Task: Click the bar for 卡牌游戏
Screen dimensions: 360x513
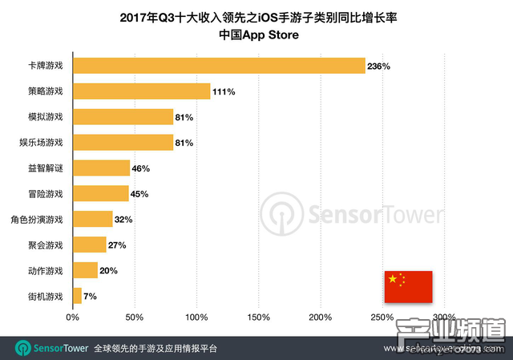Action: pyautogui.click(x=219, y=66)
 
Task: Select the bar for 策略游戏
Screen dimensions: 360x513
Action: pyautogui.click(x=142, y=91)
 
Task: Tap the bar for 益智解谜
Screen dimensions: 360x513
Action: pyautogui.click(x=101, y=168)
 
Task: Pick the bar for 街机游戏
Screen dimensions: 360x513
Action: pyautogui.click(x=77, y=296)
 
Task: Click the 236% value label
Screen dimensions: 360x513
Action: pyautogui.click(x=378, y=67)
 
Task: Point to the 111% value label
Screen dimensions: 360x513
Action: pyautogui.click(x=224, y=92)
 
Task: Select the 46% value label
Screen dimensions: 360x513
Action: pyautogui.click(x=141, y=168)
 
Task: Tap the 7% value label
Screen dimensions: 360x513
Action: pyautogui.click(x=90, y=297)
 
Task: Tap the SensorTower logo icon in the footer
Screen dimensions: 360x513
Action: pyautogui.click(x=22, y=349)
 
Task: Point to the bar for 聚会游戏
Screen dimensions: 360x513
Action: pyautogui.click(x=90, y=245)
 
